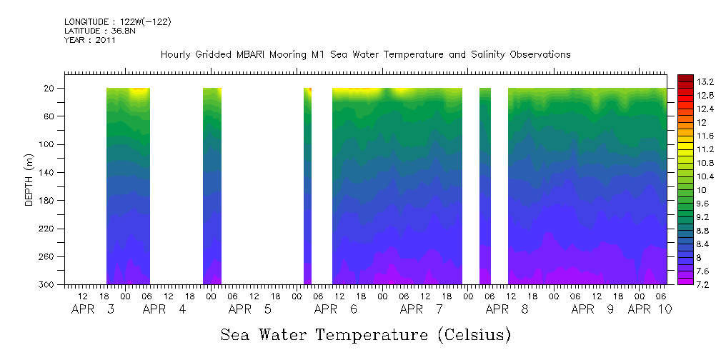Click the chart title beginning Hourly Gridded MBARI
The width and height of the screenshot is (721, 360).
point(365,55)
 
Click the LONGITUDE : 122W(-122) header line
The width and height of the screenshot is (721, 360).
point(117,22)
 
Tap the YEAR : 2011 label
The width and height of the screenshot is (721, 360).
point(89,40)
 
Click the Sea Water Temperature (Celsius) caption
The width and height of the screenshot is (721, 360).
point(365,334)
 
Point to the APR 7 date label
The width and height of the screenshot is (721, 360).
point(421,309)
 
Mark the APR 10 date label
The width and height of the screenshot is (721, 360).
point(649,309)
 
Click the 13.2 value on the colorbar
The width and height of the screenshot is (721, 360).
point(705,81)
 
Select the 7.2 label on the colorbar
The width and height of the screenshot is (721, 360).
point(702,284)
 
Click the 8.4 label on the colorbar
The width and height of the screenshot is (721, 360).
point(702,244)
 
